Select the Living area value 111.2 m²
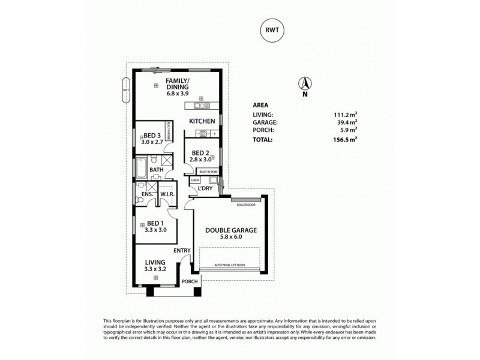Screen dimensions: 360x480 345,114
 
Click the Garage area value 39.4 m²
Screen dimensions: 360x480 346,122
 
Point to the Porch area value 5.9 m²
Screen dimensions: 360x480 349,130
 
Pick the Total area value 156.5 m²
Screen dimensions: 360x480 344,140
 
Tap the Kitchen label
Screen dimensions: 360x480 202,122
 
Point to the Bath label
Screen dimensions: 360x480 156,170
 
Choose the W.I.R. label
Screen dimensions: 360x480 166,194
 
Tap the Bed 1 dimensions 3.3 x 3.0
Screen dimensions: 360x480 155,229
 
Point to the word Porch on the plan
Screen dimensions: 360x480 190,281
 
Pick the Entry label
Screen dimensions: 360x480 182,250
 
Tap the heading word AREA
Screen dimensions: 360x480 260,104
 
